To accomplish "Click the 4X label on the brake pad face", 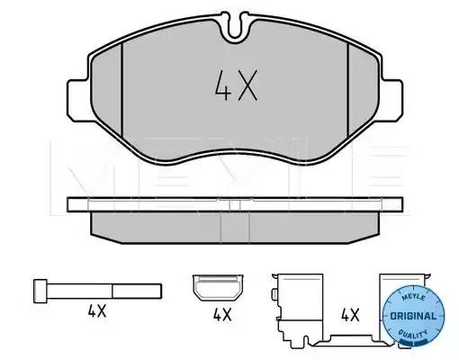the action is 237,85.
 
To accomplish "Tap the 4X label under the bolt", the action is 97,311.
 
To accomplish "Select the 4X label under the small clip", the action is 222,315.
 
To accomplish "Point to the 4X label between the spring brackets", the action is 350,315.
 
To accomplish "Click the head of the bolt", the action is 40,291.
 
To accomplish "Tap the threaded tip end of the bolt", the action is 160,292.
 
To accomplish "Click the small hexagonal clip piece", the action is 218,287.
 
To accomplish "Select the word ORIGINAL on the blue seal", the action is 414,316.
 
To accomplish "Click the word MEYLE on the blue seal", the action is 413,297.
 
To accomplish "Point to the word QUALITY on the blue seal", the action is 413,335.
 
